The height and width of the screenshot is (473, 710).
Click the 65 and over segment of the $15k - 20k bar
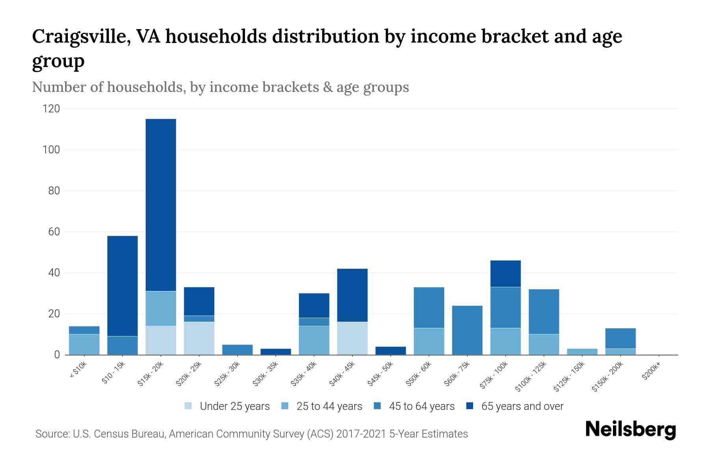pos(161,205)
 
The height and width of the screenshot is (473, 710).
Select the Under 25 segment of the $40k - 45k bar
pos(352,338)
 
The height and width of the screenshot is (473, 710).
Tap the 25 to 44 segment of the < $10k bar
pos(84,345)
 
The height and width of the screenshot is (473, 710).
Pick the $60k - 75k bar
pos(467,330)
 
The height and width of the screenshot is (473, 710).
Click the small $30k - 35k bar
pos(276,352)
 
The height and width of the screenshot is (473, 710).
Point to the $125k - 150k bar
pos(582,352)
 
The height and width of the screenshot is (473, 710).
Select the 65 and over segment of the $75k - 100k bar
pos(506,274)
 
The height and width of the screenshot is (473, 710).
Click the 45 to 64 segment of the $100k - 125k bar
pos(544,312)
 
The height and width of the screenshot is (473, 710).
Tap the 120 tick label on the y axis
pos(51,109)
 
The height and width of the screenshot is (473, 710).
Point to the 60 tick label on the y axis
pos(54,232)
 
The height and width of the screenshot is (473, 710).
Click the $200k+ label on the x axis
pos(651,372)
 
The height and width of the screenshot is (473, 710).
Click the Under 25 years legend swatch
pos(189,406)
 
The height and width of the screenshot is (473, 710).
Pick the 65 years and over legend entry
pos(522,406)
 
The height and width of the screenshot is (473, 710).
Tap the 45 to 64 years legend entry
pos(421,406)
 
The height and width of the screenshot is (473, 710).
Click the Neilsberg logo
pos(630,429)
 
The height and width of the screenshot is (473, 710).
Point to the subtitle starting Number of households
pos(220,87)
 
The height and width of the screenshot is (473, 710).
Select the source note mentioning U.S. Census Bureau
pos(251,434)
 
